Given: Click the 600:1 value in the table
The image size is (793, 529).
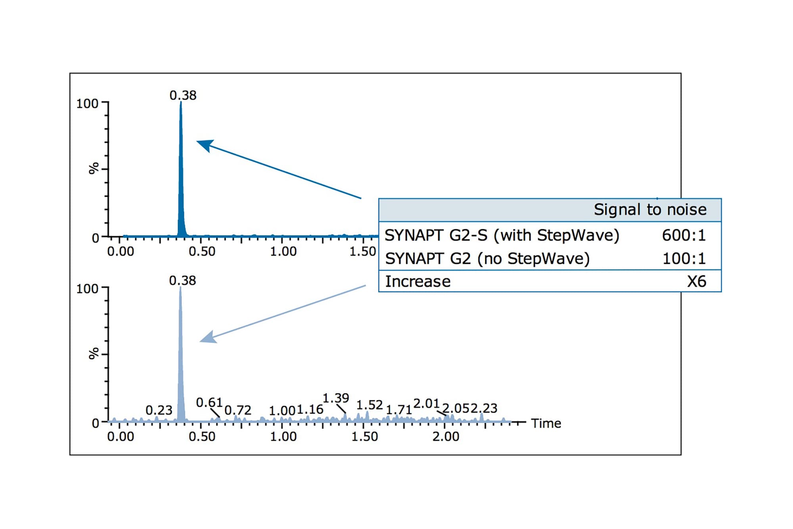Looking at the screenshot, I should pyautogui.click(x=684, y=235).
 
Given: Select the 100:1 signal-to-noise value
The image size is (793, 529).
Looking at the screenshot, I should pyautogui.click(x=684, y=259).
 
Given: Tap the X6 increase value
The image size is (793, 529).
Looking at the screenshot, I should pyautogui.click(x=697, y=281).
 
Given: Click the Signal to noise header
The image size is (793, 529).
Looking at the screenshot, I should pyautogui.click(x=650, y=210).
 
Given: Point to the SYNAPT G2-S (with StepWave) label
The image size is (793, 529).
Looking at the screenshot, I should pyautogui.click(x=502, y=235).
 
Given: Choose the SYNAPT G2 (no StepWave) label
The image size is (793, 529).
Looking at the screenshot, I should pyautogui.click(x=487, y=259).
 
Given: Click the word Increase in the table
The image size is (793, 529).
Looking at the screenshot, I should pyautogui.click(x=418, y=281).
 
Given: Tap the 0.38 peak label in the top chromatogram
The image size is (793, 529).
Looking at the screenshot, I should pyautogui.click(x=183, y=95).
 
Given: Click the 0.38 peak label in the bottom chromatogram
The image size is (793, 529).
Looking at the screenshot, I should pyautogui.click(x=182, y=281).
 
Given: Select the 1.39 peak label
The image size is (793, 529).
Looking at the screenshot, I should pyautogui.click(x=335, y=398).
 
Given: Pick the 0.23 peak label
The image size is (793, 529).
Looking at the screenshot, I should pyautogui.click(x=159, y=410).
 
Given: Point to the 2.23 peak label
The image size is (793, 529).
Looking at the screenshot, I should pyautogui.click(x=484, y=408).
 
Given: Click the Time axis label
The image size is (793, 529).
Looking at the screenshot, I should pyautogui.click(x=546, y=423).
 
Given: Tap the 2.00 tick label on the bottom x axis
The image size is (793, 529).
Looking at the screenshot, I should pyautogui.click(x=446, y=437).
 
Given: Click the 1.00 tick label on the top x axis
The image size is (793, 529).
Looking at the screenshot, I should pyautogui.click(x=283, y=251).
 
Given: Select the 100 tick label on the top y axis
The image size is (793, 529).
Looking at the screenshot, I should pyautogui.click(x=87, y=104).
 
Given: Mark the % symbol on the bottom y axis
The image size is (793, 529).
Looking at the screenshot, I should pyautogui.click(x=94, y=354).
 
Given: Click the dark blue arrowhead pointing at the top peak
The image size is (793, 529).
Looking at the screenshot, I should pyautogui.click(x=205, y=145).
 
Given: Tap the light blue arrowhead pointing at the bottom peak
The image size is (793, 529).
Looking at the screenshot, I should pyautogui.click(x=208, y=337).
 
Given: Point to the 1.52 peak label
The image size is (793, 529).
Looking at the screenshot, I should pyautogui.click(x=369, y=405).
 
